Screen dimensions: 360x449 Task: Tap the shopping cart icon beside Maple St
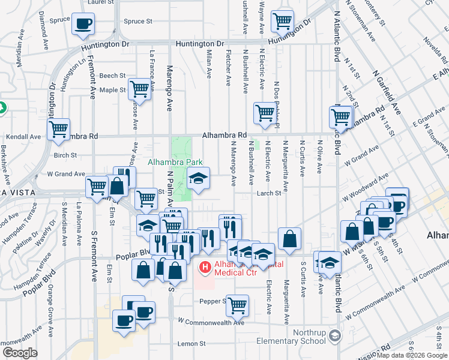[x=139, y=89]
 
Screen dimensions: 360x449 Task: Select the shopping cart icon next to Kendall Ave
[x=59, y=129]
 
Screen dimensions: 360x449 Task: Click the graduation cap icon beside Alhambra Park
[x=197, y=178]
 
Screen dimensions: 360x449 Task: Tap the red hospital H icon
[x=205, y=266]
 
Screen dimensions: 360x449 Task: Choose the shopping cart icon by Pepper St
[x=238, y=305]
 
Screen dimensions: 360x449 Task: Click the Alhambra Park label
[x=175, y=162]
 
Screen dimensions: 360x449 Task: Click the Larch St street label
[x=270, y=193]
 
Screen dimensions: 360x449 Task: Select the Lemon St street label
[x=191, y=344]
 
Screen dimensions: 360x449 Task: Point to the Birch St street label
[x=65, y=155]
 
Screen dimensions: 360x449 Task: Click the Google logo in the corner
[x=20, y=353]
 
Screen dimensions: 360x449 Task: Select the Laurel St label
[x=100, y=2]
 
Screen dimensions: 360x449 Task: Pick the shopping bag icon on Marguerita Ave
[x=289, y=238]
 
